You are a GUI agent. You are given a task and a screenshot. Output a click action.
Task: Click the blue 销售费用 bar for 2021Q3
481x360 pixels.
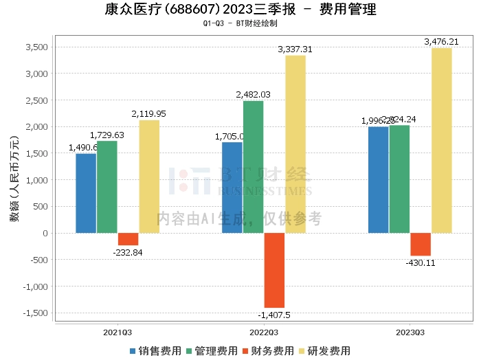click(86, 193)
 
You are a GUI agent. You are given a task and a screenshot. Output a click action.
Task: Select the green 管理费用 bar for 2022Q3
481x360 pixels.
click(253, 167)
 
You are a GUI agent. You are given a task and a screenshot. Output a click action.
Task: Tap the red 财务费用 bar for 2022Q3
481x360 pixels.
click(274, 270)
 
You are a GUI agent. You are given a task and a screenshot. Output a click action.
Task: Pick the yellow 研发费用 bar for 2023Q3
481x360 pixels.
click(442, 140)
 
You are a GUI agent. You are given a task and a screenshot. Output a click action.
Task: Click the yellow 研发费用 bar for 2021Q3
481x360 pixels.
click(149, 177)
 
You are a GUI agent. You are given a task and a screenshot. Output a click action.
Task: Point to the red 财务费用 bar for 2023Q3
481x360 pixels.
click(421, 245)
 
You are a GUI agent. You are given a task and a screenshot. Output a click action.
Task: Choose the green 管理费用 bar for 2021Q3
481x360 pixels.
click(107, 187)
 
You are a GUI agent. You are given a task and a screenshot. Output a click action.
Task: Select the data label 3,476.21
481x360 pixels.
click(441, 42)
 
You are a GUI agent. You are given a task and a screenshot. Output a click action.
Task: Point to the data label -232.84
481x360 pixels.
click(128, 252)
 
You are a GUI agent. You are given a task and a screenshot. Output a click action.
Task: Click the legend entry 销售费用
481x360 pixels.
click(155, 350)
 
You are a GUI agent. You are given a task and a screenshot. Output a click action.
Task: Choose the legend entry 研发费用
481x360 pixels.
click(324, 350)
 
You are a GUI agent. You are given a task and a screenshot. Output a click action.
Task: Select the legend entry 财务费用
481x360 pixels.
click(267, 350)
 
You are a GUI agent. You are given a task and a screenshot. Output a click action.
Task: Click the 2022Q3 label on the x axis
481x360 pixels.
click(264, 332)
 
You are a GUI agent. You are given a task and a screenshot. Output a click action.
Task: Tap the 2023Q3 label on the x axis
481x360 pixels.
click(410, 332)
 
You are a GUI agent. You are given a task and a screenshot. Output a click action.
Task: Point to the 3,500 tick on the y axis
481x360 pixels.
click(36, 47)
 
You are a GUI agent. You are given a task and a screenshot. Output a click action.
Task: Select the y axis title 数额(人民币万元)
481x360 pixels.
click(14, 180)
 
